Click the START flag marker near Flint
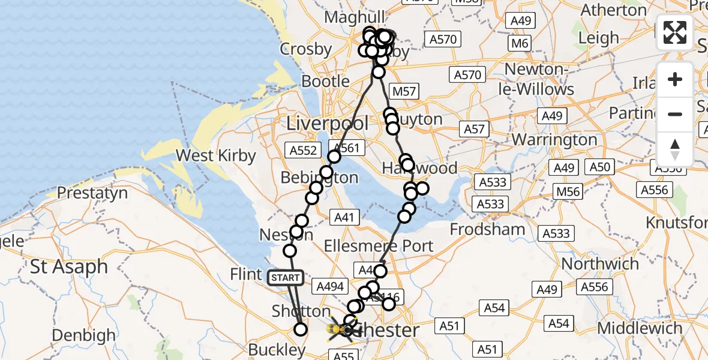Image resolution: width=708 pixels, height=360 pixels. (286, 277)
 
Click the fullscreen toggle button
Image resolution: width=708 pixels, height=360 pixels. (675, 32)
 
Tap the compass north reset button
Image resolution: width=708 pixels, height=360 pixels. (675, 149)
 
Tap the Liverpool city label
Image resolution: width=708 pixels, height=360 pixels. (328, 124)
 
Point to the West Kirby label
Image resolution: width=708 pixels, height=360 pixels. (215, 156)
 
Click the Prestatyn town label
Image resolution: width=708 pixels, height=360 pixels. (92, 193)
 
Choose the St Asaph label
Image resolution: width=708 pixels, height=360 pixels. (69, 266)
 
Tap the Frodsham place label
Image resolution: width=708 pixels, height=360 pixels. (487, 229)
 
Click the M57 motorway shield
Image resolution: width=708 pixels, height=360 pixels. (403, 91)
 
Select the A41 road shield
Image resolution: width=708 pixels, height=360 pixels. (345, 218)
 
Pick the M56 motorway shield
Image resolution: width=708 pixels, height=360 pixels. (568, 191)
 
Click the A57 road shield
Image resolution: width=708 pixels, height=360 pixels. (473, 128)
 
